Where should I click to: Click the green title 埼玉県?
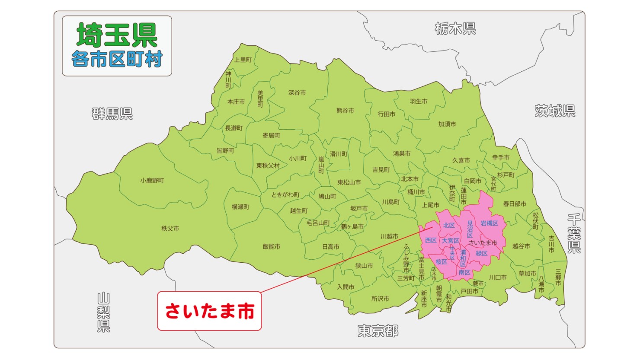(117, 35)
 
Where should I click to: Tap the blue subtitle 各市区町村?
(117, 59)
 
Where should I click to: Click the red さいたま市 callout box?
(209, 311)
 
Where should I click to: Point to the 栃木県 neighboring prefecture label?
(455, 29)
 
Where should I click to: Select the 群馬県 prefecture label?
(112, 114)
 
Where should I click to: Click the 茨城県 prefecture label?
(555, 111)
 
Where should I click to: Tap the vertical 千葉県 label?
(574, 233)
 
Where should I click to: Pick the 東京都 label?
(378, 331)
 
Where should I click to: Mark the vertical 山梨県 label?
(103, 312)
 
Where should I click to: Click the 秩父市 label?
(170, 228)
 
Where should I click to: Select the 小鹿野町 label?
(152, 180)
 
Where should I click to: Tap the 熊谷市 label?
(345, 111)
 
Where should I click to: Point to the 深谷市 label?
(297, 92)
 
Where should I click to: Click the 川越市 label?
(389, 236)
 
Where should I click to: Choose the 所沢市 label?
(380, 299)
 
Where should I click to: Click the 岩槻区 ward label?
(489, 223)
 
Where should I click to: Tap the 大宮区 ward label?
(450, 241)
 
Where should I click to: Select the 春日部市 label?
(514, 204)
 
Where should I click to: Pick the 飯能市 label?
(271, 246)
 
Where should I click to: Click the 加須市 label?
(447, 124)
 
